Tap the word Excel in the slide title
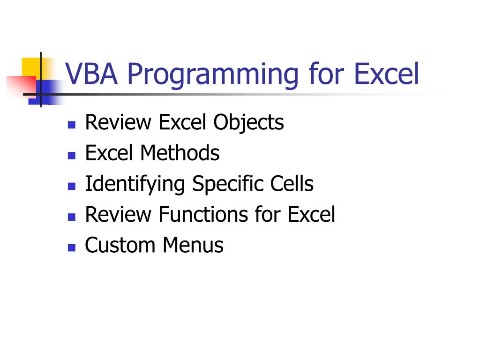tap(386, 74)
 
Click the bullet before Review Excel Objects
tap(72, 125)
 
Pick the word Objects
tap(249, 123)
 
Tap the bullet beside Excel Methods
tap(72, 155)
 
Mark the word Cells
tap(292, 184)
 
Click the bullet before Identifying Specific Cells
tap(72, 186)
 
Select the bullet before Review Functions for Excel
tap(72, 217)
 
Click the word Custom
tap(120, 245)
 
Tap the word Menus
tap(193, 245)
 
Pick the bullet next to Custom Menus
tap(72, 247)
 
